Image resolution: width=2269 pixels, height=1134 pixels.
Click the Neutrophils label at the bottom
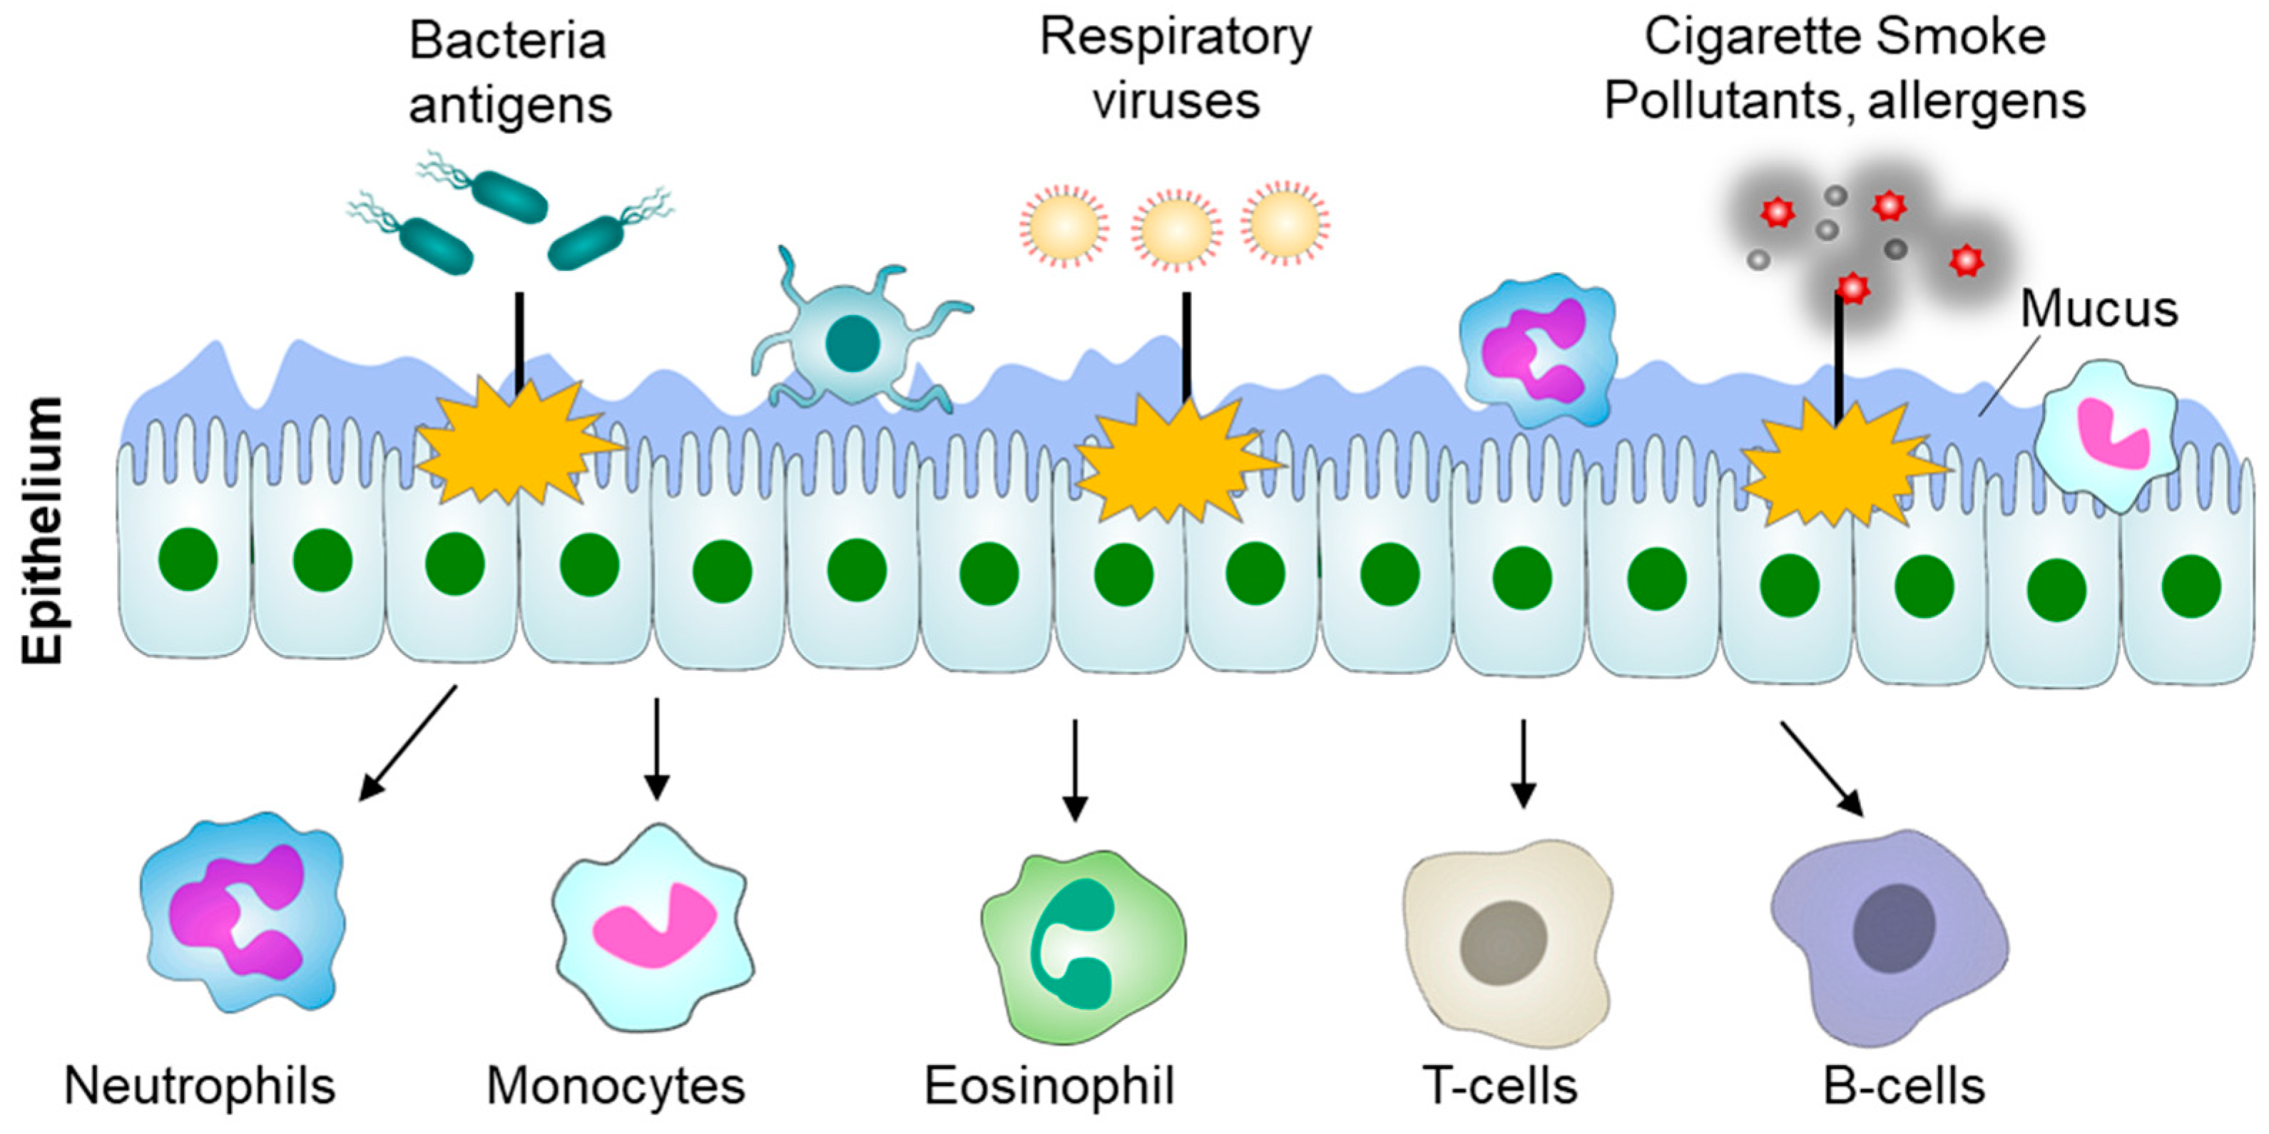200,1086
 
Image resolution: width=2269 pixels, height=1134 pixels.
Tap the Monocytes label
616,1086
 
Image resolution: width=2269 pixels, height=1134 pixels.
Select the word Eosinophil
1049,1086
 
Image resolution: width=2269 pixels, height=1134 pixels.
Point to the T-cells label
1500,1086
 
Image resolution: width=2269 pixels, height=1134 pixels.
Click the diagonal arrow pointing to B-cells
1822,768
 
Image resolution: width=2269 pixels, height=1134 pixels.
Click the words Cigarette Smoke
1845,37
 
